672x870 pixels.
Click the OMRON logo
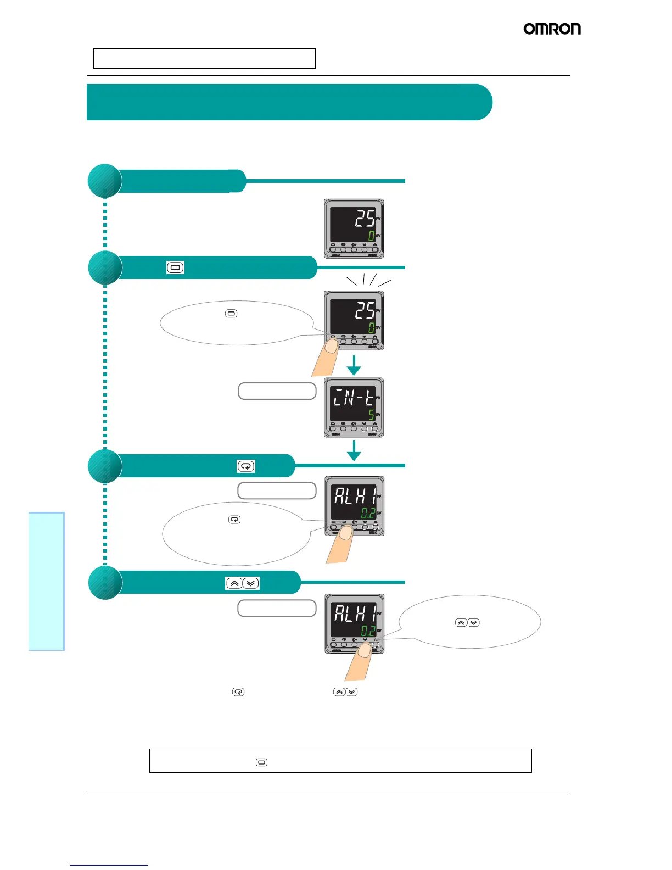pyautogui.click(x=552, y=29)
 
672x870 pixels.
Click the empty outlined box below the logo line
pyautogui.click(x=204, y=58)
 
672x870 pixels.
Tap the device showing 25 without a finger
pyautogui.click(x=354, y=228)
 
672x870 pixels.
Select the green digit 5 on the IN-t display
pyautogui.click(x=371, y=415)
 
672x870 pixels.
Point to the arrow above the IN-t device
pyautogui.click(x=354, y=365)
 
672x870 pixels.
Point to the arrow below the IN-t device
pyautogui.click(x=354, y=450)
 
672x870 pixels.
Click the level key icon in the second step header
pyautogui.click(x=175, y=268)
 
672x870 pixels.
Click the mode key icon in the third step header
pyautogui.click(x=246, y=466)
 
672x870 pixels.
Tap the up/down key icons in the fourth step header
pyautogui.click(x=242, y=583)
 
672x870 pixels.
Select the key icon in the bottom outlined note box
pyautogui.click(x=262, y=762)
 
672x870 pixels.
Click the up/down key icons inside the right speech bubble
pyautogui.click(x=467, y=623)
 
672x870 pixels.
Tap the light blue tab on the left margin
pyautogui.click(x=47, y=581)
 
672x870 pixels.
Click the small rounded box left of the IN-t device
pyautogui.click(x=277, y=391)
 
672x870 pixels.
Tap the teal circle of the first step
pyautogui.click(x=105, y=181)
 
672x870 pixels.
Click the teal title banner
pyautogui.click(x=289, y=102)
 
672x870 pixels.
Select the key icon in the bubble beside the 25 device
pyautogui.click(x=231, y=314)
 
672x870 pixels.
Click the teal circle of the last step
pyautogui.click(x=105, y=583)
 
